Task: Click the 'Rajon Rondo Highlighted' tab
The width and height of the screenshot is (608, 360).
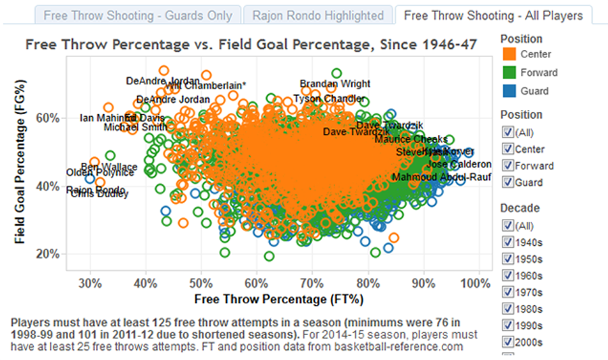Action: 318,16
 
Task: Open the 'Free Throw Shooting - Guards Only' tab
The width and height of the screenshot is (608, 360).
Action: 138,16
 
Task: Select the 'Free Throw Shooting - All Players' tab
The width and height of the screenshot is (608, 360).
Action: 493,16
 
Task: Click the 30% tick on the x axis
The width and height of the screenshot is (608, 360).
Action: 91,282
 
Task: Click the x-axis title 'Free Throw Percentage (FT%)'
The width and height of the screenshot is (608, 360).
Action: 279,298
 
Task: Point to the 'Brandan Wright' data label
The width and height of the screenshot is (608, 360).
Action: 335,84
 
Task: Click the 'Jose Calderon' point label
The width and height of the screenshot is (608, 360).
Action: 459,165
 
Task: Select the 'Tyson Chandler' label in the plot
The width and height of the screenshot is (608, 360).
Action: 320,99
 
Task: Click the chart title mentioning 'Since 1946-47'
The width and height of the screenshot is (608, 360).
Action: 251,45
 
